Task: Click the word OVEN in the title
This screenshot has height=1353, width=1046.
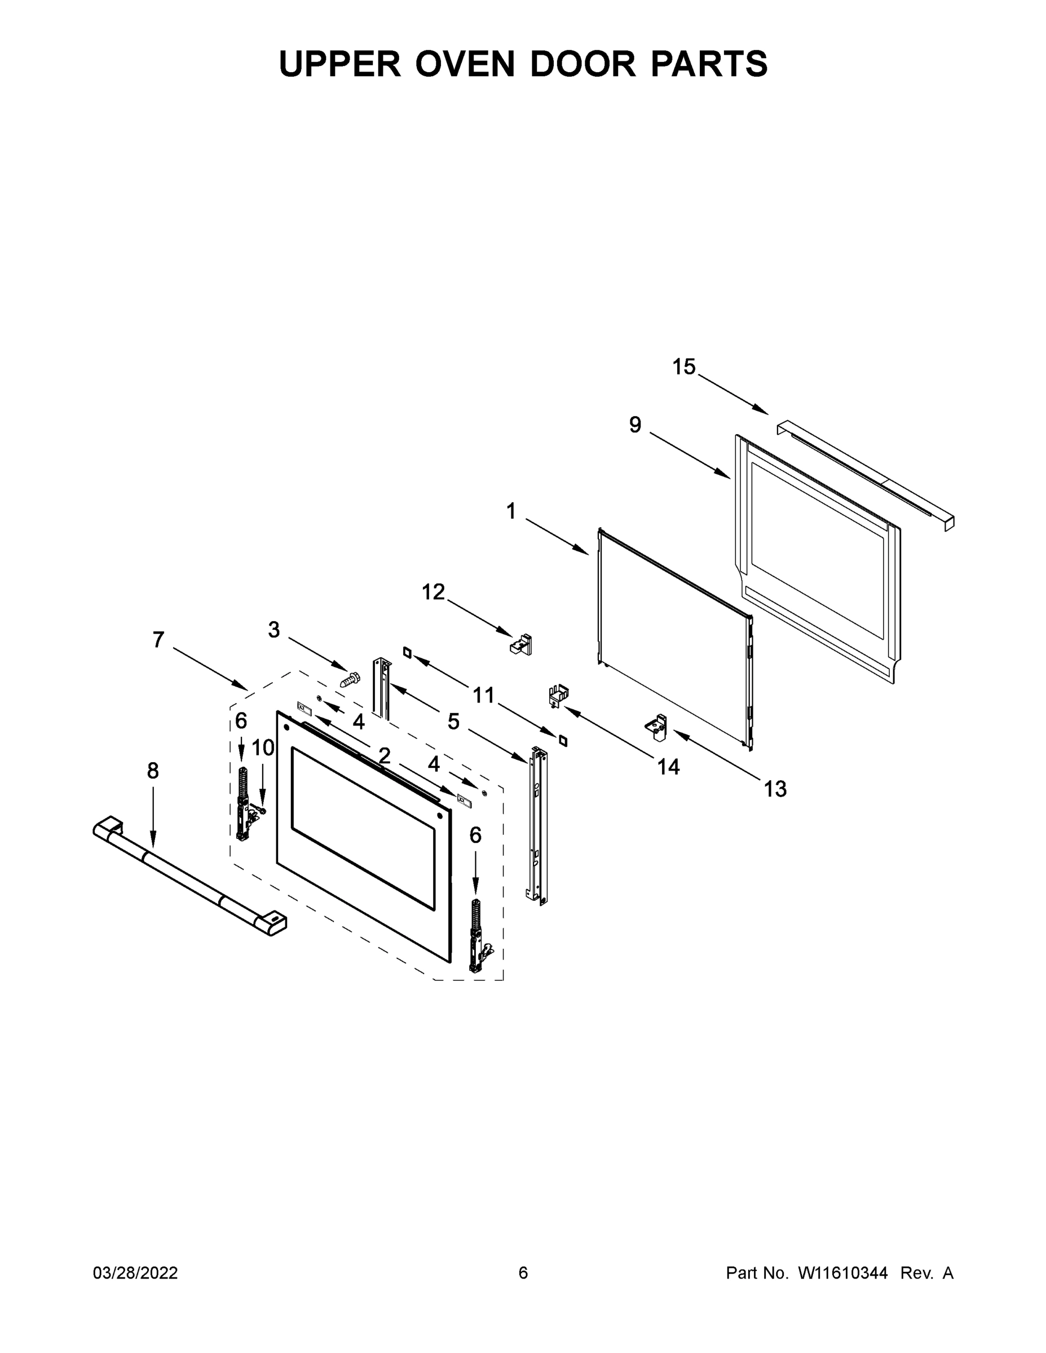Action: pyautogui.click(x=465, y=64)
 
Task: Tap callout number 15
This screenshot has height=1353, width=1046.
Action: pyautogui.click(x=684, y=368)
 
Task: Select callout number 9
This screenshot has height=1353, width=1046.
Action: pyautogui.click(x=635, y=425)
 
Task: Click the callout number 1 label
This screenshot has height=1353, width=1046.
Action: pyautogui.click(x=511, y=512)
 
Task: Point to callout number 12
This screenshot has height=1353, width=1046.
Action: pyautogui.click(x=433, y=593)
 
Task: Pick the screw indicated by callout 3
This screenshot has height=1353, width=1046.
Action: pyautogui.click(x=351, y=679)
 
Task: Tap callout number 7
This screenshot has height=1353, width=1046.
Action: pyautogui.click(x=158, y=640)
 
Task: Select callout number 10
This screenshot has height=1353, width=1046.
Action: pyautogui.click(x=263, y=748)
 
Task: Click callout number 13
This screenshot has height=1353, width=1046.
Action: pyautogui.click(x=775, y=789)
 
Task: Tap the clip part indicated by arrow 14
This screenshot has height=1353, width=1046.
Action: pyautogui.click(x=559, y=695)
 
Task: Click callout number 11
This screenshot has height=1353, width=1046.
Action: pyautogui.click(x=483, y=696)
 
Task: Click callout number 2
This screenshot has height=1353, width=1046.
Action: pyautogui.click(x=384, y=756)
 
